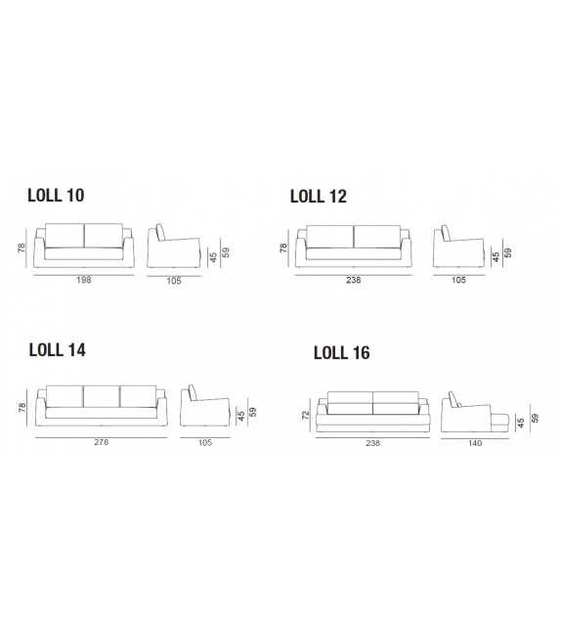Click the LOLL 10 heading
[56, 195]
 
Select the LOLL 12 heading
[319, 196]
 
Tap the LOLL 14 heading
[58, 349]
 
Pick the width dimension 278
[102, 441]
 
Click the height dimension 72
[306, 415]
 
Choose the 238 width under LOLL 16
[372, 443]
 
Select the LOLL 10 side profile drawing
[172, 247]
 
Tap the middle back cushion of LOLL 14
[102, 395]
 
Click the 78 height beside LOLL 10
[22, 249]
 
